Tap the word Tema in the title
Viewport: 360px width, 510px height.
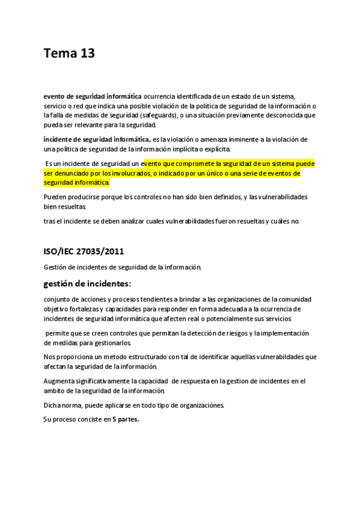tap(59, 54)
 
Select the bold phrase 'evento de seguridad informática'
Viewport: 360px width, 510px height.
tap(93, 96)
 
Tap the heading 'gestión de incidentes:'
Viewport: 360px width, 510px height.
tap(87, 283)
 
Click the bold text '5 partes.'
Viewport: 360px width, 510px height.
tap(126, 419)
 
